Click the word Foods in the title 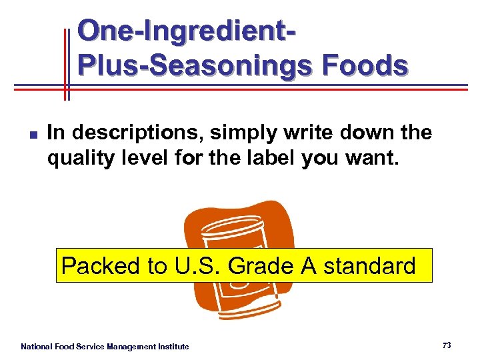(x=365, y=66)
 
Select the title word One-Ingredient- (x=187, y=31)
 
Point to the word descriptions (x=137, y=133)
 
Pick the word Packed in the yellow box (x=101, y=266)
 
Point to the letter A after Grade (x=308, y=266)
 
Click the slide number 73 (x=447, y=345)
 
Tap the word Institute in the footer (x=173, y=347)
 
